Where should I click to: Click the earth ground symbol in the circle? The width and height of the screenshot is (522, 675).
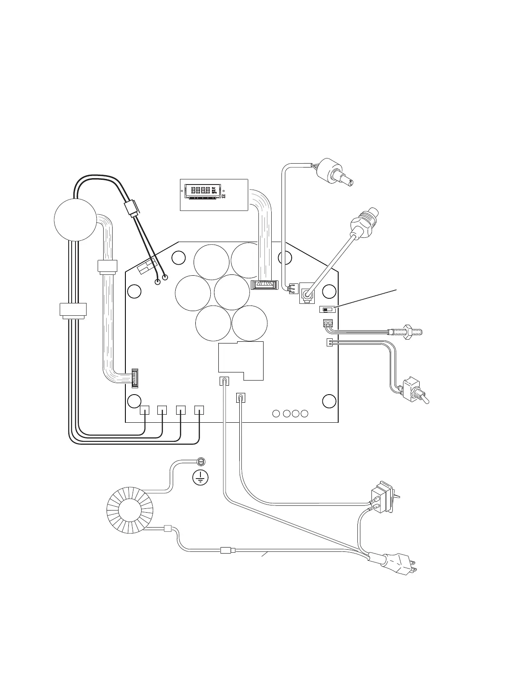click(199, 477)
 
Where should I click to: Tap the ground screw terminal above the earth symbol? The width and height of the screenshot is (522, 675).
click(201, 462)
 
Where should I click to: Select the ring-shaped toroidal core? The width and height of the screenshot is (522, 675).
click(129, 511)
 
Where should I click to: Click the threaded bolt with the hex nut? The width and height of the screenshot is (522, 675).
click(406, 331)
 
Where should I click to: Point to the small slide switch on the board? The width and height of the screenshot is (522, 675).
click(328, 309)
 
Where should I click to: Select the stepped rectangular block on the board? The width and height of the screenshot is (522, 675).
click(241, 360)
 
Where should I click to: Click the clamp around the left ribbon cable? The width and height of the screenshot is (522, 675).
click(107, 267)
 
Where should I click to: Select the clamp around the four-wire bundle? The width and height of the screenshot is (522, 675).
click(73, 310)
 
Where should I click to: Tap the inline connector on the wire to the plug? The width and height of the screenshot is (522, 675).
click(226, 550)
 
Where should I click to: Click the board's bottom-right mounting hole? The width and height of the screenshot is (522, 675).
click(329, 401)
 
